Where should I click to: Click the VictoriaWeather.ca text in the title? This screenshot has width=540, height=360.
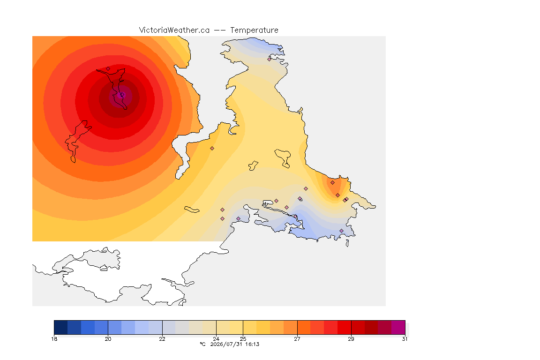pos(174,30)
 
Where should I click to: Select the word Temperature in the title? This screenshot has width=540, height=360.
pos(254,30)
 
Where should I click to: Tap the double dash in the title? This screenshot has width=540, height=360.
pos(220,30)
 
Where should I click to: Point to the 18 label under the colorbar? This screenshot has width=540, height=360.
pos(54,339)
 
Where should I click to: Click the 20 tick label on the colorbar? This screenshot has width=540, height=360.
pos(108,339)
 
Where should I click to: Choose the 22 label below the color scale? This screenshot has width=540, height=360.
pos(162,339)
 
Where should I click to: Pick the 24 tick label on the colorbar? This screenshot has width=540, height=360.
pos(216,339)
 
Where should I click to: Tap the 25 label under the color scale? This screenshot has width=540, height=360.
pos(243,339)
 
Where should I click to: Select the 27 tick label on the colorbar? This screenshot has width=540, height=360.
pos(297,339)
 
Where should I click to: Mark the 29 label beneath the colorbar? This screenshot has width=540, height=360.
pos(351,339)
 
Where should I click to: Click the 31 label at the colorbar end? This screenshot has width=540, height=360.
pos(405,339)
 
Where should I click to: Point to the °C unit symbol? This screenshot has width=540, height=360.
pos(202,344)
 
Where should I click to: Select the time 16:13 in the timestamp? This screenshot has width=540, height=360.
pos(252,344)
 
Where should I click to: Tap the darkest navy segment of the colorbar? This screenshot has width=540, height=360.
pos(61,327)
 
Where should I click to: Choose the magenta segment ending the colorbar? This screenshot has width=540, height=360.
pos(398,327)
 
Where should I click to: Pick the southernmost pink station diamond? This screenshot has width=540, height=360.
pos(341,231)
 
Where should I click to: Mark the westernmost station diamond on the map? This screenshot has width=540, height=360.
pos(108,68)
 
